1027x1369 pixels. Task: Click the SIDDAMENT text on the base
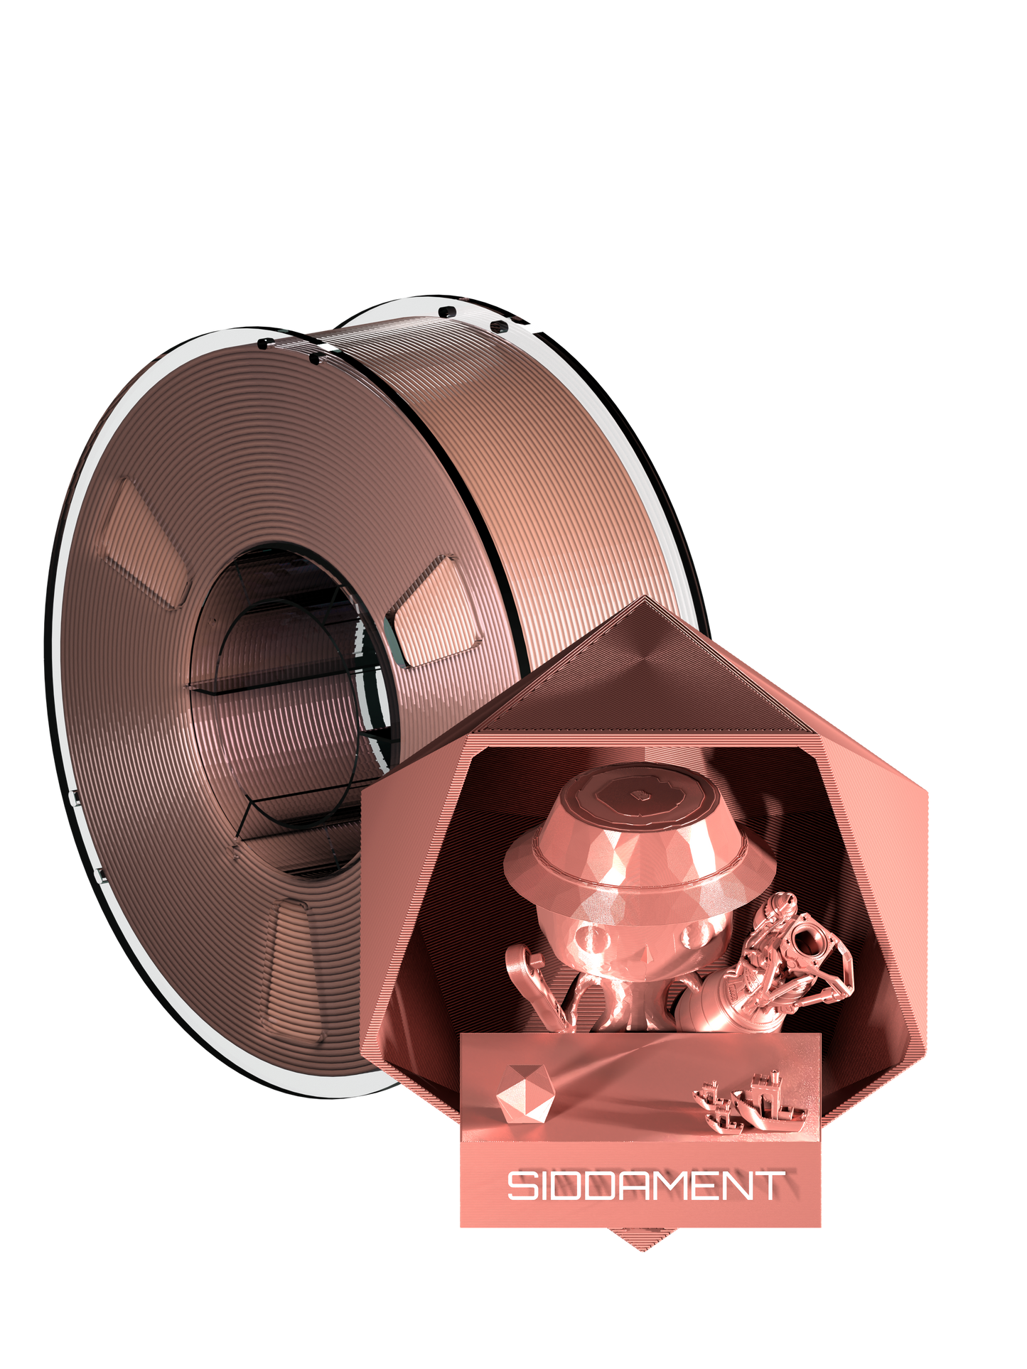click(645, 1185)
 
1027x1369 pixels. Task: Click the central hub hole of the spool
click(284, 710)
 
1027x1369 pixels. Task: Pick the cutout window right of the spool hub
click(434, 611)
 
